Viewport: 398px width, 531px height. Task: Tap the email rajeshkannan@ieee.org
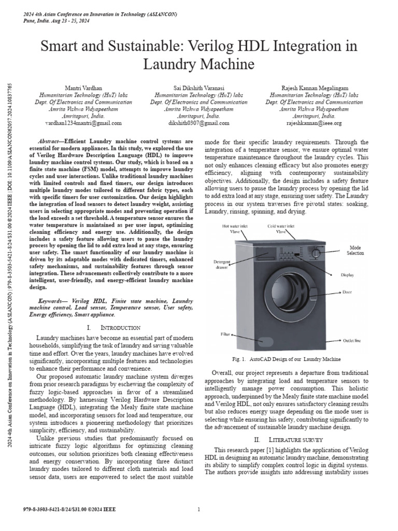coord(314,123)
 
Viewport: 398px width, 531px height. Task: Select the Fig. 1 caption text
coord(287,359)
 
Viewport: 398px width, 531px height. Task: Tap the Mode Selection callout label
coord(355,250)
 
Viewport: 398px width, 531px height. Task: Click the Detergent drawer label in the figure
coord(221,265)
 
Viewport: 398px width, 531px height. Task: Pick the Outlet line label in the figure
coord(352,341)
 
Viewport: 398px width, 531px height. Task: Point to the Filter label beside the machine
coord(225,335)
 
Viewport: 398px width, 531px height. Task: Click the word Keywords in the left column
coord(53,301)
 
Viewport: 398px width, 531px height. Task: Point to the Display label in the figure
coord(348,275)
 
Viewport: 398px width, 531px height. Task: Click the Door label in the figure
coord(347,292)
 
